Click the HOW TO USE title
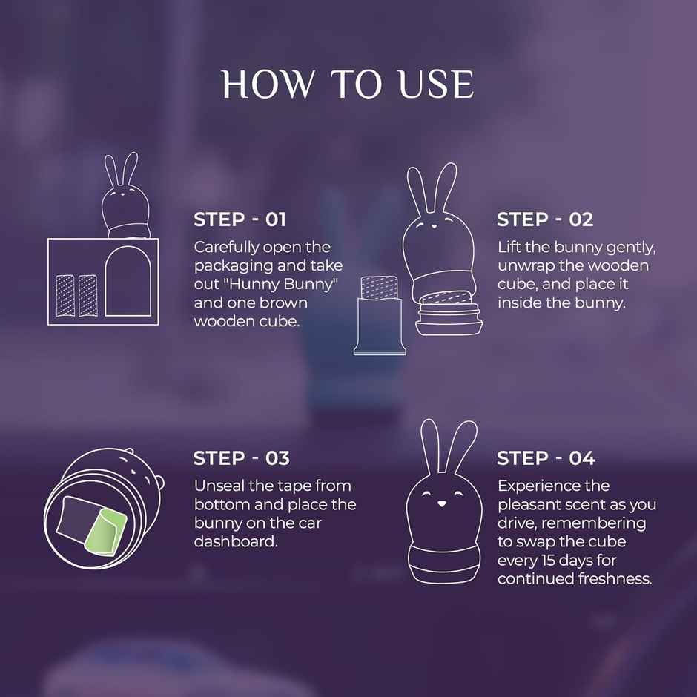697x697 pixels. [348, 85]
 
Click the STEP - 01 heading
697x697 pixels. [240, 219]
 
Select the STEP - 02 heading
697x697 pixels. [545, 219]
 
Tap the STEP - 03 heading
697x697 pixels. [241, 458]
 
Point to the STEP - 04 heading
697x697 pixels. [546, 458]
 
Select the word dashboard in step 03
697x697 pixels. [233, 541]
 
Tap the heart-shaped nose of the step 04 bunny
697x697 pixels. [442, 504]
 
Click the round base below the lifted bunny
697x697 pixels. [444, 315]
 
